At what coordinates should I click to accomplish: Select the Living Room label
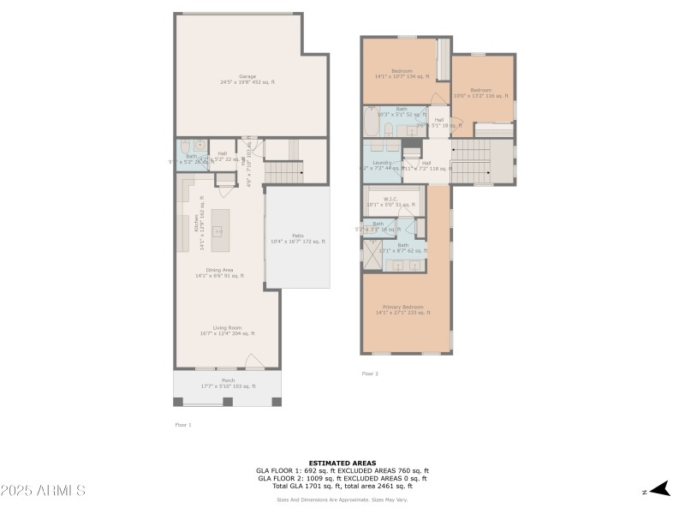[227, 330]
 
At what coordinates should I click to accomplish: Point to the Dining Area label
[219, 272]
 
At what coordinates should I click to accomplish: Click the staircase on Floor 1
[284, 172]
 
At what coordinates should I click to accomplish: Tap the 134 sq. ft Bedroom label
[402, 73]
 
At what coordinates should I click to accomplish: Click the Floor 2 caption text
[370, 374]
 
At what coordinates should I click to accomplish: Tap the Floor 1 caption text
[183, 424]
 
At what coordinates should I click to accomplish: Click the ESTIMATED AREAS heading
[342, 463]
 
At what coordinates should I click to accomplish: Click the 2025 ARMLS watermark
[43, 491]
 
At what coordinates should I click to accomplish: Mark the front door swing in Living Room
[254, 362]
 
